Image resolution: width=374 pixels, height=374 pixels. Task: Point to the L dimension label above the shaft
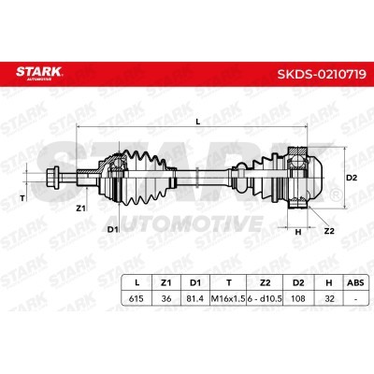197,120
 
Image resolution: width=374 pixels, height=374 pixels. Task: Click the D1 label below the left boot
112,228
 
